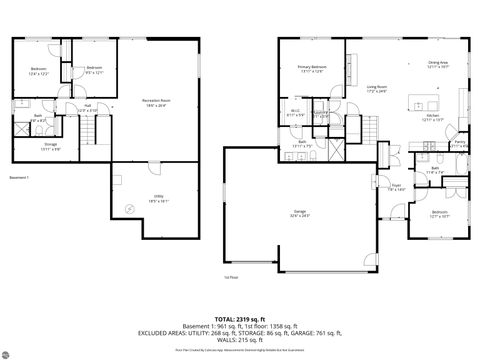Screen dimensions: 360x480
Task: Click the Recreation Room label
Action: click(x=154, y=101)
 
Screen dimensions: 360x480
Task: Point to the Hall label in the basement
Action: click(x=88, y=106)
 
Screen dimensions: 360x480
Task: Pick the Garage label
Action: click(x=299, y=212)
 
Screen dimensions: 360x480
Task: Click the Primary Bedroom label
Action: click(x=310, y=69)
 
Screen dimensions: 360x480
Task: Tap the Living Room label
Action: click(x=376, y=89)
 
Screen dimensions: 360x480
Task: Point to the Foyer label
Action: click(x=396, y=186)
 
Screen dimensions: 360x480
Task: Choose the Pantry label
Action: click(x=460, y=144)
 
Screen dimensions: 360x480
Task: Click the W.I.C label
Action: click(x=296, y=112)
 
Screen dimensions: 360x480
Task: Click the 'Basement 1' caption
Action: click(x=19, y=177)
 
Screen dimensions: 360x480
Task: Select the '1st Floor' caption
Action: click(x=232, y=276)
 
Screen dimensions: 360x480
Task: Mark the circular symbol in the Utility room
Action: click(x=127, y=208)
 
